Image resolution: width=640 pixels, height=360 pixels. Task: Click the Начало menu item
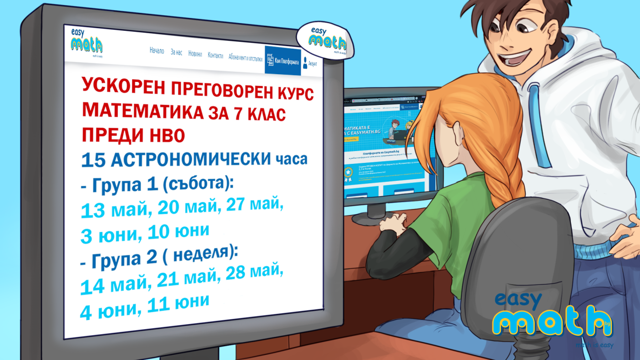pos(157,51)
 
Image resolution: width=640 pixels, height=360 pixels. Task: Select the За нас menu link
pos(176,53)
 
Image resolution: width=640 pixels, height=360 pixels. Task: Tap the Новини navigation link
pos(195,54)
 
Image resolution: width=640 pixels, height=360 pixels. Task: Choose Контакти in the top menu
pos(216,56)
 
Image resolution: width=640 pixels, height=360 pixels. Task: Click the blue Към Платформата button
pos(283,61)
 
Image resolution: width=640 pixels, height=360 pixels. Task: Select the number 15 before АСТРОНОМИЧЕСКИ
pos(94,160)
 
